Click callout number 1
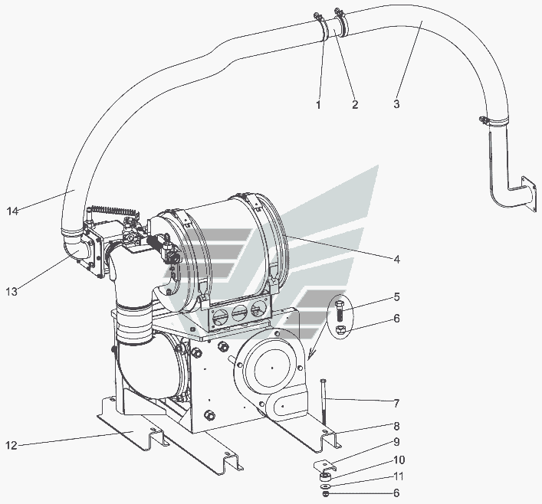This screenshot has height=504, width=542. pos(318,104)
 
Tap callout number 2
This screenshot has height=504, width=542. pos(355,104)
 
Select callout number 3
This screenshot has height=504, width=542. pos(396,103)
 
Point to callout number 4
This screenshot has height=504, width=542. pos(397,259)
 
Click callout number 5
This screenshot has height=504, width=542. pos(397,297)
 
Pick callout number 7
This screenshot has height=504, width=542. pos(397,403)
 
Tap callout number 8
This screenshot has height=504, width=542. pos(397,426)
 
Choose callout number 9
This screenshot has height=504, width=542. pos(397,442)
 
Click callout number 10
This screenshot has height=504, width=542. pos(399,460)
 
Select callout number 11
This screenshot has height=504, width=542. pos(399,476)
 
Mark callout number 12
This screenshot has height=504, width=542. pos(11,445)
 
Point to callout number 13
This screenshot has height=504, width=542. pos(11,292)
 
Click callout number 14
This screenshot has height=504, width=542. pos(12,211)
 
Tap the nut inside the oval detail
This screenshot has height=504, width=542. pos(340,329)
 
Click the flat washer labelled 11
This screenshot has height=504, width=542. pos(325,486)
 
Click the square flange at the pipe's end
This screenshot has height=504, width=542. pos(531,194)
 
